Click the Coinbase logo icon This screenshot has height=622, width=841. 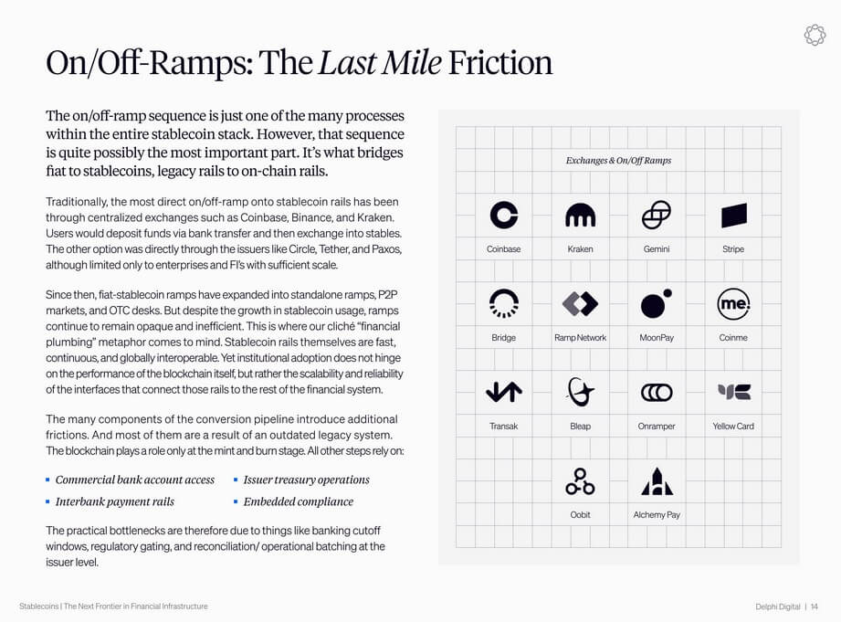[x=503, y=215]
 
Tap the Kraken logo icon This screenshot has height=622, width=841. [x=580, y=216]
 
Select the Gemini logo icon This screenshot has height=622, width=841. [x=656, y=215]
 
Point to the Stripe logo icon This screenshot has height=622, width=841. [x=733, y=215]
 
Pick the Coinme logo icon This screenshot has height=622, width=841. [x=733, y=303]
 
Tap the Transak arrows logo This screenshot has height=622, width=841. [x=503, y=392]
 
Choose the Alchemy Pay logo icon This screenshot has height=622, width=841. [x=657, y=480]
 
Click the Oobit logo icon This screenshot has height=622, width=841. [x=580, y=480]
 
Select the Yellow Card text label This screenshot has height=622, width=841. [x=733, y=427]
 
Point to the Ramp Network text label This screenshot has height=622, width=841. [x=580, y=338]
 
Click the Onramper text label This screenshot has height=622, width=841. [x=657, y=427]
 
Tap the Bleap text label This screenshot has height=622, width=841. [x=580, y=427]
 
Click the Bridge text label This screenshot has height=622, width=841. [x=503, y=338]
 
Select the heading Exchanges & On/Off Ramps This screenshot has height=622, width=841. [x=618, y=161]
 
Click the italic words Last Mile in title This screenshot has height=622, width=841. [x=379, y=62]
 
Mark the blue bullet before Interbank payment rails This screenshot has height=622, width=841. [x=48, y=501]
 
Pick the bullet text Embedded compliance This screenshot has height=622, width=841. [x=298, y=501]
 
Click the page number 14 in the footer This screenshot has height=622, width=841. [x=814, y=606]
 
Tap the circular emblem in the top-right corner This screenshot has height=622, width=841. [x=814, y=35]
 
